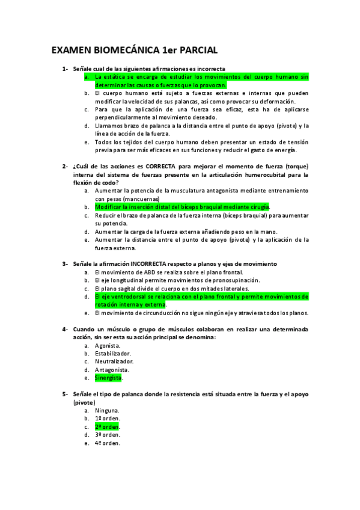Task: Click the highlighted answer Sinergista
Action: (x=108, y=378)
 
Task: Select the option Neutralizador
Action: (x=115, y=361)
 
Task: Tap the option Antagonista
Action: (x=112, y=370)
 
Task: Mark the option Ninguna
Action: (x=107, y=410)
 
